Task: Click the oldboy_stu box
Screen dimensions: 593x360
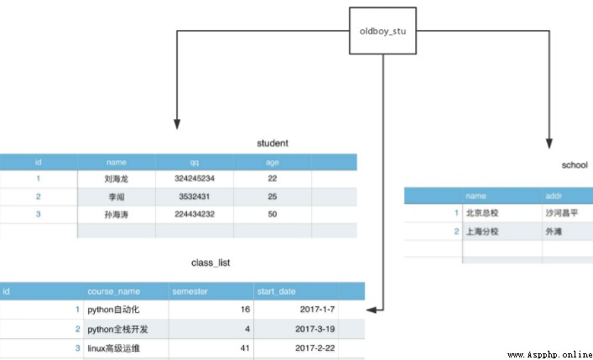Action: (x=382, y=31)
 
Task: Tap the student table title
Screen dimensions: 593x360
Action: (x=273, y=143)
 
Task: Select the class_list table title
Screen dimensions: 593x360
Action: (x=211, y=263)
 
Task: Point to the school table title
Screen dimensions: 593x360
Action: (x=575, y=165)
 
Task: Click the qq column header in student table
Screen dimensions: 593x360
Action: (x=195, y=163)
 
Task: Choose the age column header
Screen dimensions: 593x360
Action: (x=273, y=163)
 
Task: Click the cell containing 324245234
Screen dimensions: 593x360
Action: (x=195, y=178)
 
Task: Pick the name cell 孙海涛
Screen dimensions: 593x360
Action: (x=117, y=215)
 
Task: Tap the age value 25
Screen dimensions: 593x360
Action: (x=273, y=196)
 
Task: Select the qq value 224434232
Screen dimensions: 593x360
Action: (x=195, y=214)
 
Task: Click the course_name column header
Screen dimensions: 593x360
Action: (x=113, y=291)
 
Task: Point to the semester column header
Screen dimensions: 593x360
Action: (x=190, y=291)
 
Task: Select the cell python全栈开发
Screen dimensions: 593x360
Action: (x=117, y=329)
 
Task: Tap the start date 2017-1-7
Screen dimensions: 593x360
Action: (x=317, y=310)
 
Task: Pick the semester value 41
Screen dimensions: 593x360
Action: (x=245, y=347)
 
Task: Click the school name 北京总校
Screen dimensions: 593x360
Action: (x=481, y=213)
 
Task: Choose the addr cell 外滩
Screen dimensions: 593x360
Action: (x=554, y=232)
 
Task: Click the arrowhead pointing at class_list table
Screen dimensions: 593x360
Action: (x=372, y=310)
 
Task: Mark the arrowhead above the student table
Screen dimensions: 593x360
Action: (x=177, y=124)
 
